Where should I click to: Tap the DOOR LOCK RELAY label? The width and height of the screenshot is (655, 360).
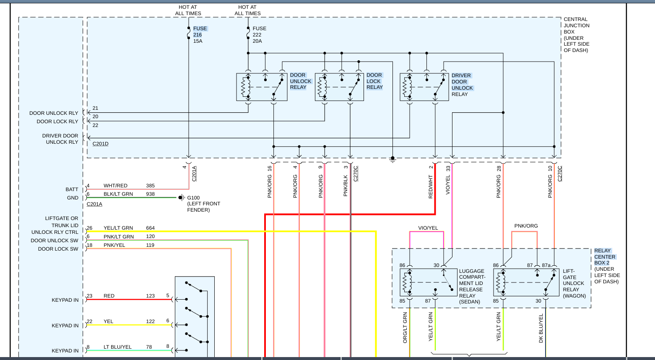374,81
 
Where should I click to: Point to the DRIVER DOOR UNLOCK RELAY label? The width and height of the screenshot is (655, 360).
462,85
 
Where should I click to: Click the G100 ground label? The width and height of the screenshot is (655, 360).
193,197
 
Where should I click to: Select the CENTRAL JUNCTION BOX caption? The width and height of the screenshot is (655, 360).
576,35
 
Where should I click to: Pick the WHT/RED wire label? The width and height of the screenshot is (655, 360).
115,186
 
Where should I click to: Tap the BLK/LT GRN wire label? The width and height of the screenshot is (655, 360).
118,194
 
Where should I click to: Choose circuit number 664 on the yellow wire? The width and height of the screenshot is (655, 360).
150,228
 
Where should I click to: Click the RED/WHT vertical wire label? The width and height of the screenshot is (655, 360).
431,187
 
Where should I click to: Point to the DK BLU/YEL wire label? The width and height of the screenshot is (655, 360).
541,328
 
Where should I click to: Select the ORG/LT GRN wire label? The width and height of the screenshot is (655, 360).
405,328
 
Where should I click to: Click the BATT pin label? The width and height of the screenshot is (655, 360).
72,189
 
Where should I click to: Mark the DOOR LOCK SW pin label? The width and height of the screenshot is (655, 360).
58,249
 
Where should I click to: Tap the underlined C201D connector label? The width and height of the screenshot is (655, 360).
100,144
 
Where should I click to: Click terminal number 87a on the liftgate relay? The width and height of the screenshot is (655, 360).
546,265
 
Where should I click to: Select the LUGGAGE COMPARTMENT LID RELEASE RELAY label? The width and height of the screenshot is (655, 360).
472,286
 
